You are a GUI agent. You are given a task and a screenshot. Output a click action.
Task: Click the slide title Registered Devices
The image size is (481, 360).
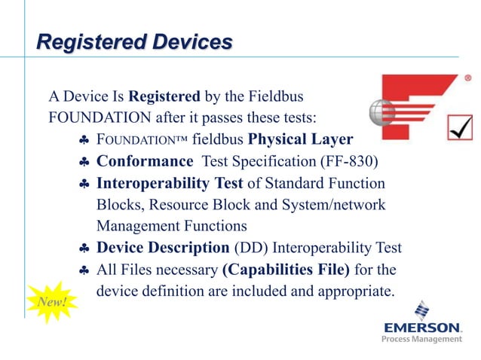tap(135, 41)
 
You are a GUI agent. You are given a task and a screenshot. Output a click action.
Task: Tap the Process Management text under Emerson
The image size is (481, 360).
tap(421, 340)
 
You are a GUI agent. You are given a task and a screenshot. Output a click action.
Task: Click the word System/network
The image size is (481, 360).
tap(331, 205)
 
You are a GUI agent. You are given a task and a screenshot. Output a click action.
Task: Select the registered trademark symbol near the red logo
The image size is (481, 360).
tap(467, 78)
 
